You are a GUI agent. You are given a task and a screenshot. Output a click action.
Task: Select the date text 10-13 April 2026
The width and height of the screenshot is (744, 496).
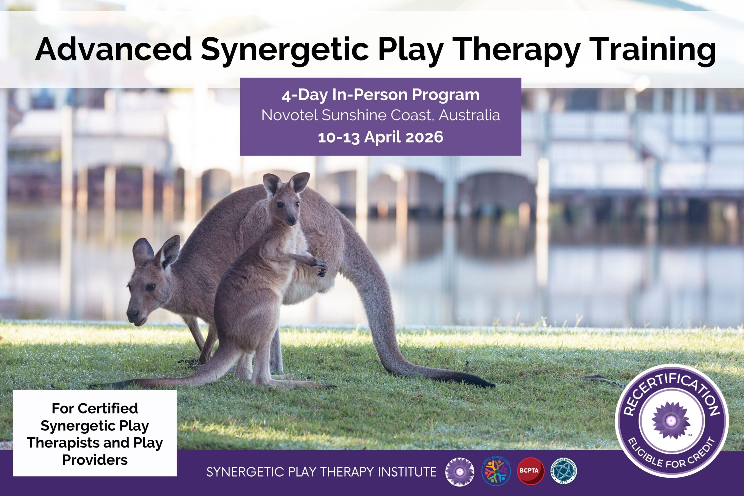pyautogui.click(x=380, y=137)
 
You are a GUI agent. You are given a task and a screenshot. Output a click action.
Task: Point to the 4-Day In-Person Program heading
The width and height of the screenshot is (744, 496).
pyautogui.click(x=380, y=95)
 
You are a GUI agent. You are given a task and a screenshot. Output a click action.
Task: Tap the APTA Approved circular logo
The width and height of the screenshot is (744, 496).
pyautogui.click(x=496, y=471)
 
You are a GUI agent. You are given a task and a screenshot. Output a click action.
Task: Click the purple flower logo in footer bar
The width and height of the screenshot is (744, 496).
pyautogui.click(x=460, y=471)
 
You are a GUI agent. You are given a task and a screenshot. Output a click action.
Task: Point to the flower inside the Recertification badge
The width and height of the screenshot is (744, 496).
pyautogui.click(x=672, y=420)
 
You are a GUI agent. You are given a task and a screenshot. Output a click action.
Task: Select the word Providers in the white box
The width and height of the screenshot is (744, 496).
pyautogui.click(x=95, y=460)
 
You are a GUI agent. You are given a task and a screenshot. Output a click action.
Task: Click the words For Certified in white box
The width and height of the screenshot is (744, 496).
pyautogui.click(x=95, y=408)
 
